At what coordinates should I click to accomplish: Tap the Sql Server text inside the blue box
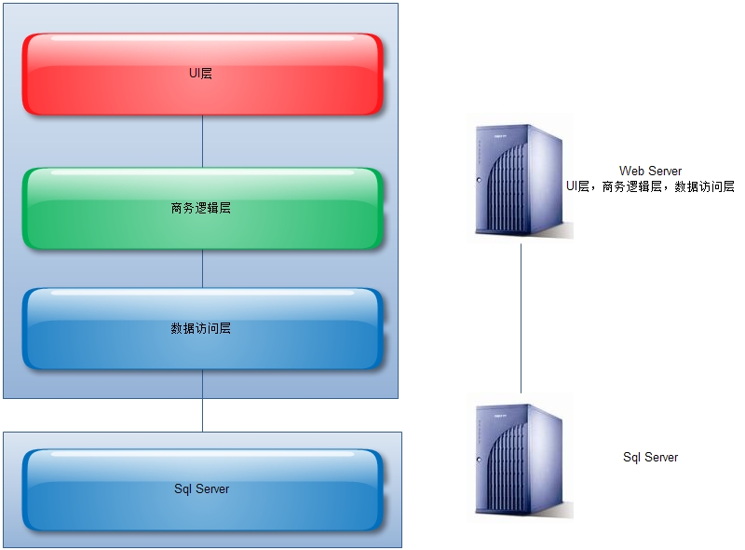pos(201,488)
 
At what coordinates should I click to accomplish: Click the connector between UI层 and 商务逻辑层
pos(202,140)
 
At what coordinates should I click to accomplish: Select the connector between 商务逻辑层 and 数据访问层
pos(202,268)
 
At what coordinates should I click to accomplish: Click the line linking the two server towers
pos(521,317)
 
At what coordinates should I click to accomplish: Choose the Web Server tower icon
pos(520,182)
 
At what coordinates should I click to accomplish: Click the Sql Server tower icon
pos(520,459)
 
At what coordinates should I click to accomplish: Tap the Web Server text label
pos(650,171)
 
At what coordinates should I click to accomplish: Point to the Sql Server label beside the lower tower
pos(650,458)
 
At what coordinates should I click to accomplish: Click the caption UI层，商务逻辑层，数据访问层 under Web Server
pos(650,186)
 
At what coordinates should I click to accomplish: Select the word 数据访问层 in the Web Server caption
pos(705,186)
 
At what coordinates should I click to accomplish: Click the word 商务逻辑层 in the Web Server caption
pos(631,186)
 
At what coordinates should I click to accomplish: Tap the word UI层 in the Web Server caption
pos(577,186)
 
